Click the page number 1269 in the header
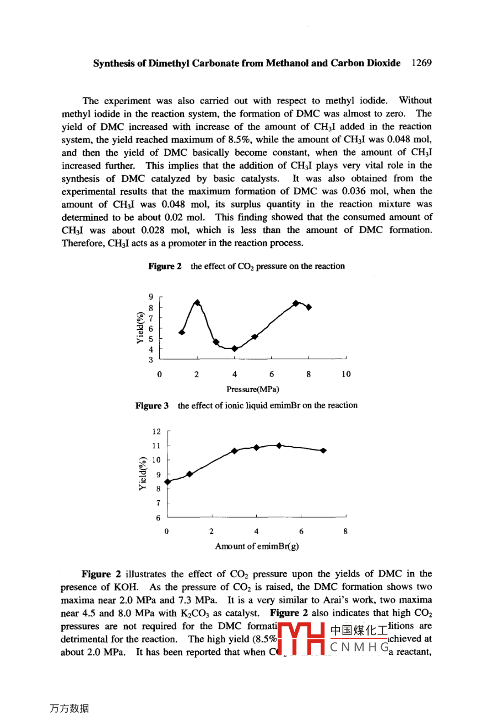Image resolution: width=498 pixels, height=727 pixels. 421,63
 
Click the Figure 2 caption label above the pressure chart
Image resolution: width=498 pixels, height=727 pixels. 165,267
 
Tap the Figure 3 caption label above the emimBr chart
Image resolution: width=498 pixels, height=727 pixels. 152,406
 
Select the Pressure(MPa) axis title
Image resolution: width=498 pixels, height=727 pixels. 253,389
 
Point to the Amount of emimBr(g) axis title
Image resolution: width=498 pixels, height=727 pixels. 257,546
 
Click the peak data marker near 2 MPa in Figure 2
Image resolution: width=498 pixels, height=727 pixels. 197,302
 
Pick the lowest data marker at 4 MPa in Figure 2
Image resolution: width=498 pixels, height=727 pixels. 235,348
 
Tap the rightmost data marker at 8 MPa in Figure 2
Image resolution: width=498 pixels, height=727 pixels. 309,307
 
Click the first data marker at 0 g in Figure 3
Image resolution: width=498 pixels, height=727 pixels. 167,481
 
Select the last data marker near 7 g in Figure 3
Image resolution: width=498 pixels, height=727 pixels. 323,451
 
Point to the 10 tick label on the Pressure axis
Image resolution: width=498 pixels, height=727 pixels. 346,375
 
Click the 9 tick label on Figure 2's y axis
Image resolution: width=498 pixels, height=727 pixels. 151,297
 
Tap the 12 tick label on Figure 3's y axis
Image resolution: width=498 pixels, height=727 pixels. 156,432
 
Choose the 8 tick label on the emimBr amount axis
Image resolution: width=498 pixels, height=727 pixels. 345,532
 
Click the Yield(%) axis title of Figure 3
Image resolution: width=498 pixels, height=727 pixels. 143,474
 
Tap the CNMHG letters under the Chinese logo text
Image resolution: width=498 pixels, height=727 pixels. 358,647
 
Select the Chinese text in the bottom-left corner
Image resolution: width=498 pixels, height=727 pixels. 69,709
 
